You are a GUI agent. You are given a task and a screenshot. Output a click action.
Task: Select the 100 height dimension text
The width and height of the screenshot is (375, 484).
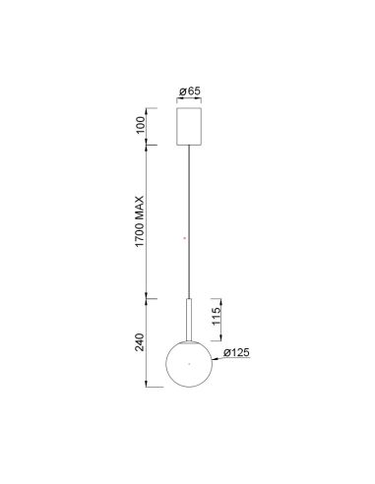141,125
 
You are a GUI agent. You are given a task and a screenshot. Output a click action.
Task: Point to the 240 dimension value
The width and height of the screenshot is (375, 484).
141,342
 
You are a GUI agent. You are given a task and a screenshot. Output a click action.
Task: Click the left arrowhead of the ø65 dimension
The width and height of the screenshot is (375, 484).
175,99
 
